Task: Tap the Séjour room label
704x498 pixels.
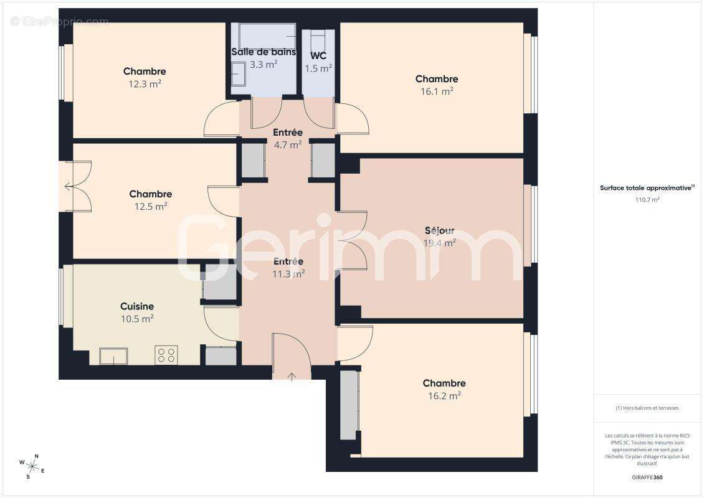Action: pyautogui.click(x=440, y=231)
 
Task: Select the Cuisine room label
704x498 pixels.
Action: pyautogui.click(x=137, y=306)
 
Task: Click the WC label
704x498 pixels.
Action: pyautogui.click(x=318, y=56)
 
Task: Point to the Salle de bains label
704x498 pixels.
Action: pyautogui.click(x=264, y=52)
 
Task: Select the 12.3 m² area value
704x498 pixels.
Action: pyautogui.click(x=145, y=83)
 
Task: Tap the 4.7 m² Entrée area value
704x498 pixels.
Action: pyautogui.click(x=288, y=144)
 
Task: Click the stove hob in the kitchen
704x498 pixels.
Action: pyautogui.click(x=166, y=355)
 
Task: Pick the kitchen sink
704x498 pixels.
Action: pyautogui.click(x=113, y=356)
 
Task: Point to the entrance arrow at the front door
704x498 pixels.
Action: pyautogui.click(x=292, y=375)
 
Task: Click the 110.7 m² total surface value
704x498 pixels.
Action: pyautogui.click(x=647, y=200)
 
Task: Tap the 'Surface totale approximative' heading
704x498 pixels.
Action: pyautogui.click(x=646, y=187)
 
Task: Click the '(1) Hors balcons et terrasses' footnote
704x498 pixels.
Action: pyautogui.click(x=647, y=408)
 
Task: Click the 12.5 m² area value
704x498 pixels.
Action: pyautogui.click(x=151, y=206)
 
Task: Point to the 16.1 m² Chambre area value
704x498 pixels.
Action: pyautogui.click(x=437, y=91)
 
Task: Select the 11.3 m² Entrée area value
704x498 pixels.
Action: pyautogui.click(x=288, y=273)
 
